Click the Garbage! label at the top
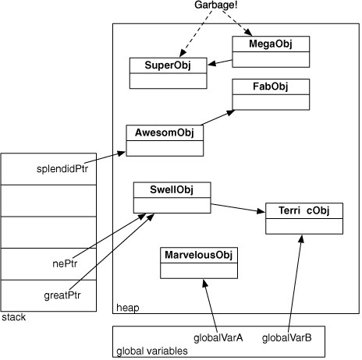[216, 5]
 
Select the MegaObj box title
[271, 44]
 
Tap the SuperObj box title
[168, 65]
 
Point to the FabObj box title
[271, 86]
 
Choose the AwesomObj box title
[165, 132]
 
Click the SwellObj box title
[172, 189]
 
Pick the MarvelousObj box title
[198, 255]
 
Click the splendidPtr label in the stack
[62, 169]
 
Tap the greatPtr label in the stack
[62, 295]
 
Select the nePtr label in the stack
[65, 264]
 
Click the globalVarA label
[218, 337]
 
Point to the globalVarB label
[286, 337]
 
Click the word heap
[128, 308]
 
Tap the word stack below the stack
[14, 317]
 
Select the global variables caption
[152, 351]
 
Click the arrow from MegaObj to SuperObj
[220, 62]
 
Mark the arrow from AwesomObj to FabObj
[218, 118]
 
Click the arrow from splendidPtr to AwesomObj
[105, 157]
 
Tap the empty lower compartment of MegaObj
[271, 59]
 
